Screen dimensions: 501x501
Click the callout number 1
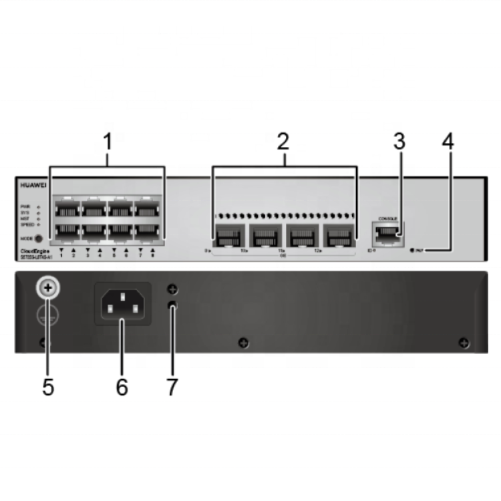pyautogui.click(x=107, y=143)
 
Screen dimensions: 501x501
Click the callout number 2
pyautogui.click(x=284, y=142)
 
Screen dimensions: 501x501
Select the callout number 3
pyautogui.click(x=399, y=142)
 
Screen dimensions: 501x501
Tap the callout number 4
pyautogui.click(x=448, y=142)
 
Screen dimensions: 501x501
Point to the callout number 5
pyautogui.click(x=48, y=387)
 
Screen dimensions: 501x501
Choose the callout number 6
pyautogui.click(x=122, y=387)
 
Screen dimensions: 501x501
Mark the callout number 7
pyautogui.click(x=172, y=387)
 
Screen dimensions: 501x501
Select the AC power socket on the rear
pyautogui.click(x=122, y=305)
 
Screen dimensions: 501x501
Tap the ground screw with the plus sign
pyautogui.click(x=48, y=288)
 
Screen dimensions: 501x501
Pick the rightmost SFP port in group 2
pyautogui.click(x=339, y=236)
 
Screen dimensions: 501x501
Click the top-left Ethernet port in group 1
pyautogui.click(x=65, y=208)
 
